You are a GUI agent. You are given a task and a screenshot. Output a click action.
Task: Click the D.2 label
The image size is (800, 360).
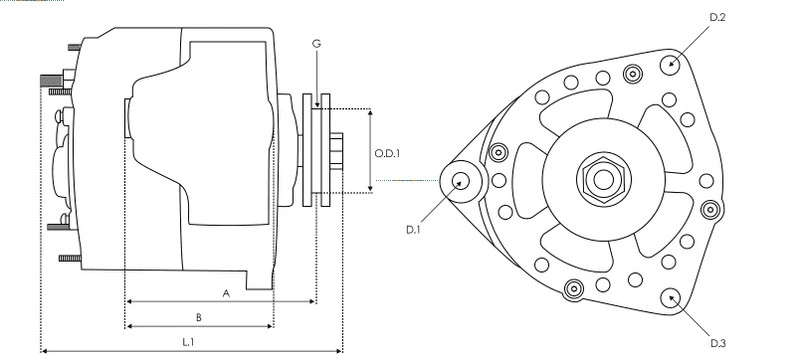[x=717, y=17]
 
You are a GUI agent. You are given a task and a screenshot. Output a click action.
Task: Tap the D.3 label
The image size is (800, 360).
[x=718, y=343]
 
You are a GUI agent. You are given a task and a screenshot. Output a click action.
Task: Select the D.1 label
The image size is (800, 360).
[x=413, y=229]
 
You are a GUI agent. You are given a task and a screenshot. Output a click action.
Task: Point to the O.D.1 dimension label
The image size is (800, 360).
[x=387, y=153]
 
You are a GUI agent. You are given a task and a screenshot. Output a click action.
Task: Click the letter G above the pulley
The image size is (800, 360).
[x=316, y=44]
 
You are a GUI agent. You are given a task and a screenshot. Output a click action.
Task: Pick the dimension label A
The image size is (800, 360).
[x=227, y=293]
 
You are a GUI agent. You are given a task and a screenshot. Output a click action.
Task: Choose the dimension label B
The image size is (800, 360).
[x=199, y=318]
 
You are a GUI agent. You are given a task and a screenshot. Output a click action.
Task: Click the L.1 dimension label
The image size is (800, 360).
[x=188, y=342]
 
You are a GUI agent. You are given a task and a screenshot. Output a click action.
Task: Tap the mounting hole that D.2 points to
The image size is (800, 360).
[x=670, y=65]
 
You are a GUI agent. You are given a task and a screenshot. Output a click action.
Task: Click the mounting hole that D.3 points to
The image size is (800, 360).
[x=670, y=298]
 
